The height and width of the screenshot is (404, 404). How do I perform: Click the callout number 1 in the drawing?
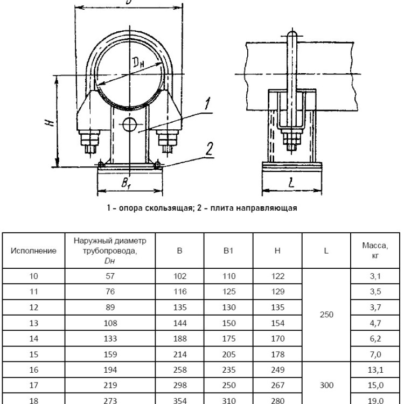point(207,103)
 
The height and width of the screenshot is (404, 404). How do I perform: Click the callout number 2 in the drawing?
point(209,149)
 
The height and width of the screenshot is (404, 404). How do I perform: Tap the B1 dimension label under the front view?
point(126,183)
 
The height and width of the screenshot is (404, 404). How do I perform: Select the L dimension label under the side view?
point(291,183)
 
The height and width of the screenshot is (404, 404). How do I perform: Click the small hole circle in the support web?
point(129,125)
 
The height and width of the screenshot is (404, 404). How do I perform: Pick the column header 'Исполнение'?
point(33,250)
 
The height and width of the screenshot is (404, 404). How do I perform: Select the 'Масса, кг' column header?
point(375,250)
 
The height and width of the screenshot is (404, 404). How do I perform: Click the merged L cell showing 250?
point(326,315)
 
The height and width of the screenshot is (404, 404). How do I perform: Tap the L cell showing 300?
point(326,385)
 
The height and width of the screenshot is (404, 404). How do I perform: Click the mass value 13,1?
point(375,370)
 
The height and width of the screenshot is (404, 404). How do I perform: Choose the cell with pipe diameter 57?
point(110,276)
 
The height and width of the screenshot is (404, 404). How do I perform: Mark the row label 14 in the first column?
point(33,339)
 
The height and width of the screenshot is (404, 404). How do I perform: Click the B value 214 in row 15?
point(180,354)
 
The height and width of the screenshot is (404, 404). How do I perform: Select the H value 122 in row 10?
point(277,276)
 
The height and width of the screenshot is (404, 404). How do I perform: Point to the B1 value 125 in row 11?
point(229,291)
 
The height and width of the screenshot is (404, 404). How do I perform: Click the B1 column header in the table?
point(228,250)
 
